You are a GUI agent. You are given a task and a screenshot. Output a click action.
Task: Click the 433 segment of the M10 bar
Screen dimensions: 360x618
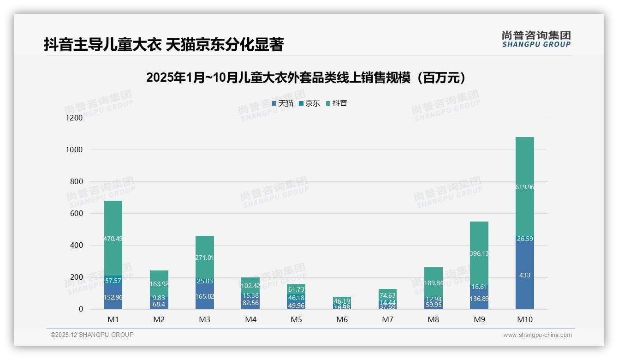524,275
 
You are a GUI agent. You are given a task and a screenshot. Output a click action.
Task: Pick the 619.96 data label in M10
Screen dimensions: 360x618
524,187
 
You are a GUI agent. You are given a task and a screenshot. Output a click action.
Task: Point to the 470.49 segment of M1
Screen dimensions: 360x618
113,239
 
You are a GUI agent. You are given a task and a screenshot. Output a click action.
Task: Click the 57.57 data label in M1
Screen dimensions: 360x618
113,281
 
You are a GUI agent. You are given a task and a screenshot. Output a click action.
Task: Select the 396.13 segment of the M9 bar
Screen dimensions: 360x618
479,253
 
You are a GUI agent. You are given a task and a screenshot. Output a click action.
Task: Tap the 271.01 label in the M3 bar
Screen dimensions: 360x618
204,258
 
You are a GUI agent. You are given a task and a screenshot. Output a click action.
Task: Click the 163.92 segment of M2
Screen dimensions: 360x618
159,284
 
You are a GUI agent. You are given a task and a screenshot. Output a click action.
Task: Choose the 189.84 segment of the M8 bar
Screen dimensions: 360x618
433,283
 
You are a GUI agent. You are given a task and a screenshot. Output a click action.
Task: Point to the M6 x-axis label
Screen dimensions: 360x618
342,319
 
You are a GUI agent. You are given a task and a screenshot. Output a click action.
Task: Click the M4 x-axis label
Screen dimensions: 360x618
250,319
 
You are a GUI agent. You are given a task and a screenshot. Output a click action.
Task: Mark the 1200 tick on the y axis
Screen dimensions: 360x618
74,118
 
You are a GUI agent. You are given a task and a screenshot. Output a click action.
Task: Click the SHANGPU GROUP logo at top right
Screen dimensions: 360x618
536,39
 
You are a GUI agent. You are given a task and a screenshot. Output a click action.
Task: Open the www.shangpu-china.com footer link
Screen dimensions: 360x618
537,335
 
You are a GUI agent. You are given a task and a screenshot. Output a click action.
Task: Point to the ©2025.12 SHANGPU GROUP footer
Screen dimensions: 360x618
92,335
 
